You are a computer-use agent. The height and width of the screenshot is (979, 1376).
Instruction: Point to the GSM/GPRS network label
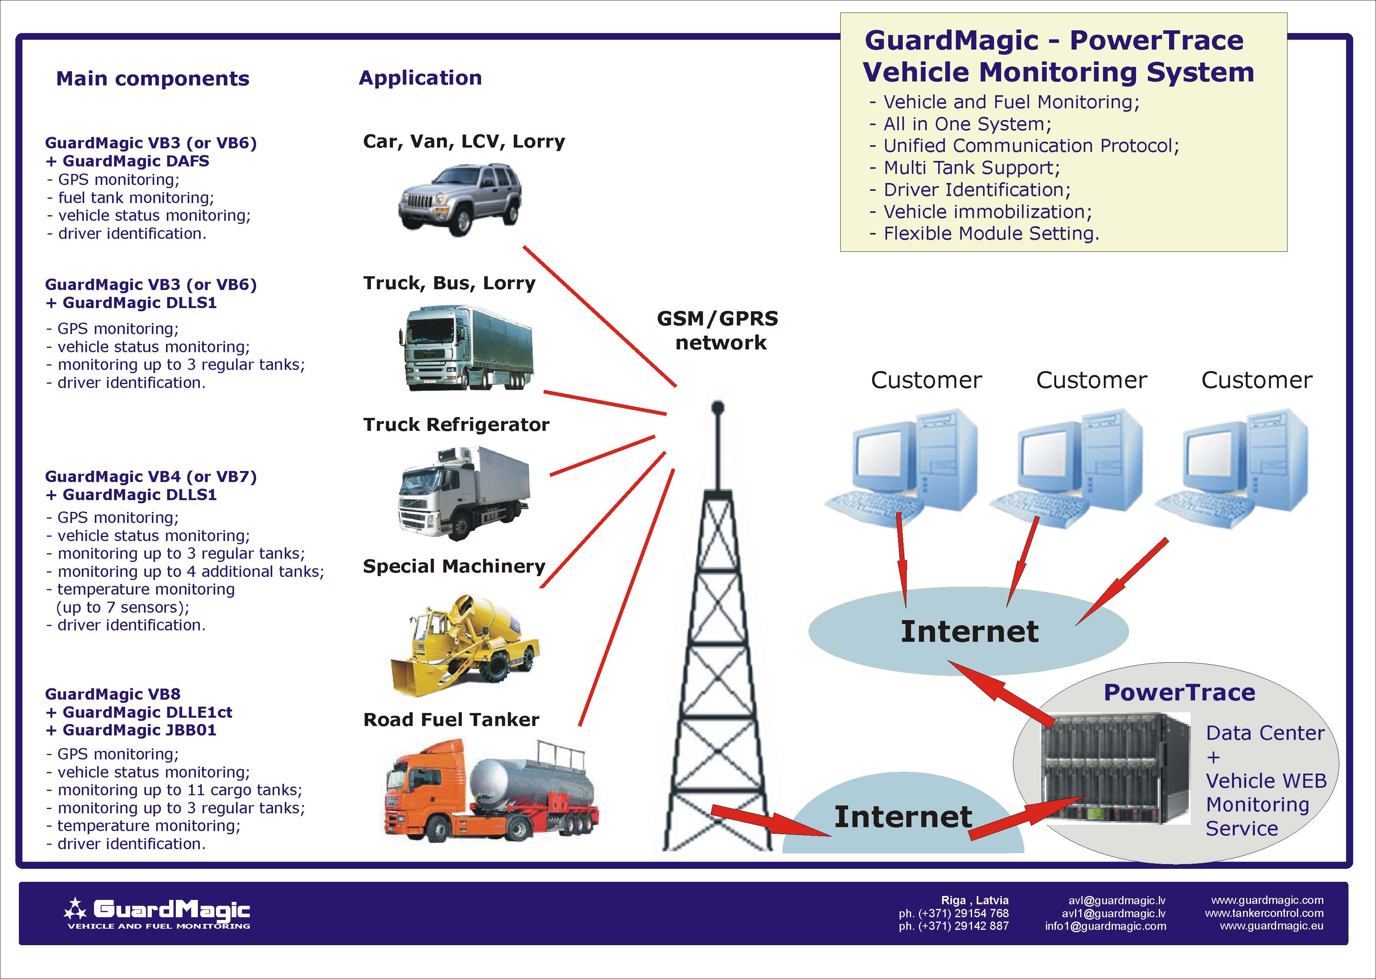(x=718, y=331)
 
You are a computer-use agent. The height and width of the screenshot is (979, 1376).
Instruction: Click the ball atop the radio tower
(x=717, y=408)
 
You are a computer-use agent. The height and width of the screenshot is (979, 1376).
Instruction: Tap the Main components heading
(x=153, y=78)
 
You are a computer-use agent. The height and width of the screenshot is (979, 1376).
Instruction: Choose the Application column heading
(x=420, y=78)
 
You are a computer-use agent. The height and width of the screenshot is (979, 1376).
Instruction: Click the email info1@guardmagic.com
(x=1105, y=926)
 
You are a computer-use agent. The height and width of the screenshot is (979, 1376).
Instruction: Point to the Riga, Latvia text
(x=975, y=900)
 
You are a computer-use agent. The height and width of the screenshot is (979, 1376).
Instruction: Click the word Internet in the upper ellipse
(x=969, y=631)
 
